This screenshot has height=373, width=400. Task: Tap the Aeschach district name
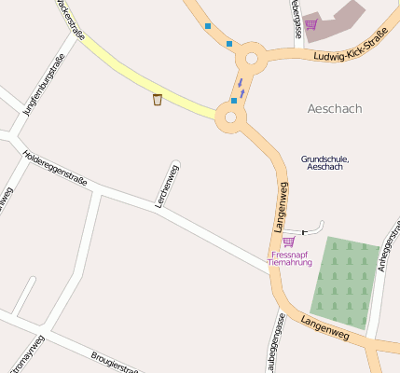334,109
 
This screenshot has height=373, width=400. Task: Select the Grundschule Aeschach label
323,162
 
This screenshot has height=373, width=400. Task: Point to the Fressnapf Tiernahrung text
289,258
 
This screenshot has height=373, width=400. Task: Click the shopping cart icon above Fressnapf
288,242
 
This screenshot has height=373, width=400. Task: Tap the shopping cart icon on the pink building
310,24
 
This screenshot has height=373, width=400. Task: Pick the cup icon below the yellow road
157,99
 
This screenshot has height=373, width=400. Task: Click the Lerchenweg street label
169,185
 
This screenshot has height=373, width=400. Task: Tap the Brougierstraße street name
116,363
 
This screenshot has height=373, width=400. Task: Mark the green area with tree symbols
343,280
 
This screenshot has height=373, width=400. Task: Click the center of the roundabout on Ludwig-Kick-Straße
250,59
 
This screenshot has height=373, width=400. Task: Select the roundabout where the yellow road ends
229,117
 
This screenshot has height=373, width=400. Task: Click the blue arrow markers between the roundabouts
241,89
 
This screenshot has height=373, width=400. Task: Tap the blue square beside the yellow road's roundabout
233,101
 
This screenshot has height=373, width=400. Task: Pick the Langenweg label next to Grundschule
281,207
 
